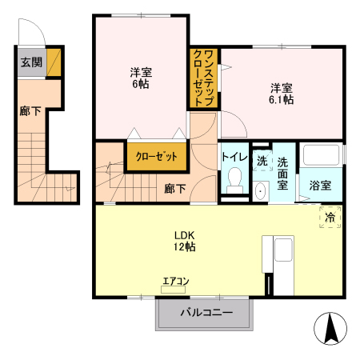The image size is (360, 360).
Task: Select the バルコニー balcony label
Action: [206, 313]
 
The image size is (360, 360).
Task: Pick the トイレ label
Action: [234, 157]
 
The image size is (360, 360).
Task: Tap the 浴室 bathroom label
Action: [322, 186]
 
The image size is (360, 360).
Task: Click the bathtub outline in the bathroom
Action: [322, 155]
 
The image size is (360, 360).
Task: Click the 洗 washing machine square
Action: [262, 160]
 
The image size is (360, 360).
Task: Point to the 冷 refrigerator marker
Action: [329, 215]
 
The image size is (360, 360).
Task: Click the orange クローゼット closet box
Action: [156, 157]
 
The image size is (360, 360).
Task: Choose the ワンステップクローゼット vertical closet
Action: [203, 78]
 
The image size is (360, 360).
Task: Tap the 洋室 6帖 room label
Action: [141, 78]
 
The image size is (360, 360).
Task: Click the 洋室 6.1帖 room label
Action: [280, 94]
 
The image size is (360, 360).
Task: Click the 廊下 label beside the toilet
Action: [174, 188]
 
